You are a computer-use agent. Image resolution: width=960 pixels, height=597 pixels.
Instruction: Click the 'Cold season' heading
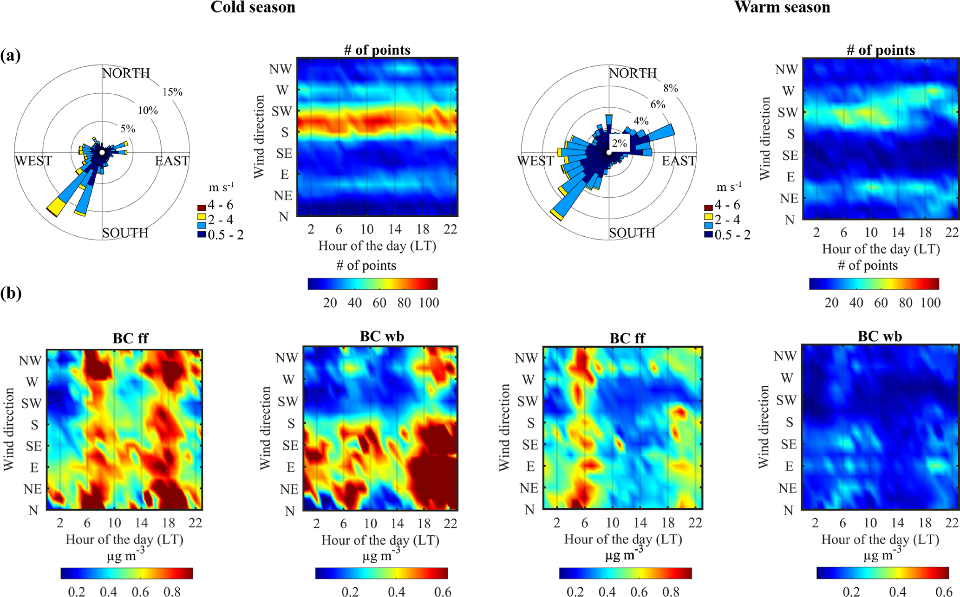click(x=253, y=7)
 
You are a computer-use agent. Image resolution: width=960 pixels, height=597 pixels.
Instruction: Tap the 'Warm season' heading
click(x=782, y=7)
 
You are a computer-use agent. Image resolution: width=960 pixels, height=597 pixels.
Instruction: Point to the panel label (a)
click(x=10, y=56)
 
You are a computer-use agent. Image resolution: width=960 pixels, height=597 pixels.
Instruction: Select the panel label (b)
click(x=11, y=294)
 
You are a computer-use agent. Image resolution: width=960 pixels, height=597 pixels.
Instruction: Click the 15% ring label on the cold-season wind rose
click(x=172, y=92)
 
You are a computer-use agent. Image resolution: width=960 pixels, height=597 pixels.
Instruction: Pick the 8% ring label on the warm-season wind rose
click(x=670, y=88)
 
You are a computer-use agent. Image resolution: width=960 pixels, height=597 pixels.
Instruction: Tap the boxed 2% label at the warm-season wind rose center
click(x=620, y=143)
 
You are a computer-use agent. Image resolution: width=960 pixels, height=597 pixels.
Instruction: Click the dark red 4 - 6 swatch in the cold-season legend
click(x=202, y=207)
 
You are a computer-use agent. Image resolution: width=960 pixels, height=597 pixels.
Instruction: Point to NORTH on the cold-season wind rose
click(x=126, y=73)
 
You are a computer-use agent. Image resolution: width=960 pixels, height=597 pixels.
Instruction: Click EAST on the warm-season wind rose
click(x=679, y=161)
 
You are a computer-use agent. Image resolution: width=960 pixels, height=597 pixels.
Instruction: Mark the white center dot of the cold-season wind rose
click(x=102, y=152)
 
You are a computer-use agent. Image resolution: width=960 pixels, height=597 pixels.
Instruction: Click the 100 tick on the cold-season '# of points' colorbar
click(x=429, y=303)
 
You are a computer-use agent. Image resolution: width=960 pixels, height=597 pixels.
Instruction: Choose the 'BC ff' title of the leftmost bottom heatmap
click(x=131, y=338)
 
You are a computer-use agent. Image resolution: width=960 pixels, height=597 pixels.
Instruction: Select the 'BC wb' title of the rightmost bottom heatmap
click(x=880, y=337)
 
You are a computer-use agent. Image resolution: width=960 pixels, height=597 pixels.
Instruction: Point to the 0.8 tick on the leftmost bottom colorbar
click(x=172, y=591)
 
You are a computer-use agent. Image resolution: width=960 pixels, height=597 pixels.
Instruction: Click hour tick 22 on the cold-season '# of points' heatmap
click(x=450, y=229)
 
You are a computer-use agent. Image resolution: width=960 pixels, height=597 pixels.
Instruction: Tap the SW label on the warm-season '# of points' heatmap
click(x=788, y=112)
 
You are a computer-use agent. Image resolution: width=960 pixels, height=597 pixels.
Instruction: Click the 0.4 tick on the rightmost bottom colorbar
click(x=897, y=591)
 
